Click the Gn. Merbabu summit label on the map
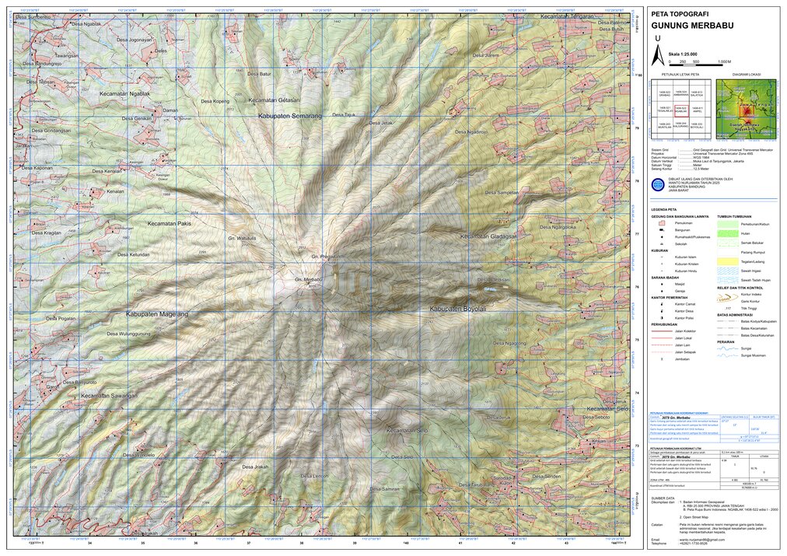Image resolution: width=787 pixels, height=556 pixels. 308,279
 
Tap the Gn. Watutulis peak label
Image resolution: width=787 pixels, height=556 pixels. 242,238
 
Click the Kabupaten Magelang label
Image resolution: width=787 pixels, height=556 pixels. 156,314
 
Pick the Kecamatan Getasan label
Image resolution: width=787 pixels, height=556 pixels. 274,100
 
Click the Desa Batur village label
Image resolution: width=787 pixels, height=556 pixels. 259,74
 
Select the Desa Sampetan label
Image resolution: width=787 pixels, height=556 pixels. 502,192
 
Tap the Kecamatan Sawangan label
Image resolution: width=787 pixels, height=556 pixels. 109,396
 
